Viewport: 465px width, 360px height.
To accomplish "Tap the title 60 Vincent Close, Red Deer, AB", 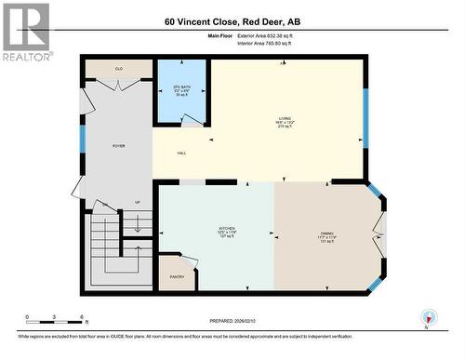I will [232, 20].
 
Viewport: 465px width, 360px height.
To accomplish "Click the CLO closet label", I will [118, 69].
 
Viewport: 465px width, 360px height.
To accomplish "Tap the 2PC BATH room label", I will [181, 91].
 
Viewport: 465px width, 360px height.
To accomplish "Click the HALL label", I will [184, 153].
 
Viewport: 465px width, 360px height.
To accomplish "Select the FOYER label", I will [118, 146].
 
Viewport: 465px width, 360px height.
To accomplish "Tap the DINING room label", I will [326, 235].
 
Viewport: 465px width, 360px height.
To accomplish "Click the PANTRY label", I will [177, 276].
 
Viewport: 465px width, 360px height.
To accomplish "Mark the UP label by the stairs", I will [138, 202].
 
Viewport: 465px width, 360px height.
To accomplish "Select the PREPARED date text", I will [232, 321].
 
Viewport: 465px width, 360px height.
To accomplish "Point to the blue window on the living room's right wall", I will [365, 118].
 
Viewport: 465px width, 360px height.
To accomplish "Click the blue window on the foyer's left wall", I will [83, 139].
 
